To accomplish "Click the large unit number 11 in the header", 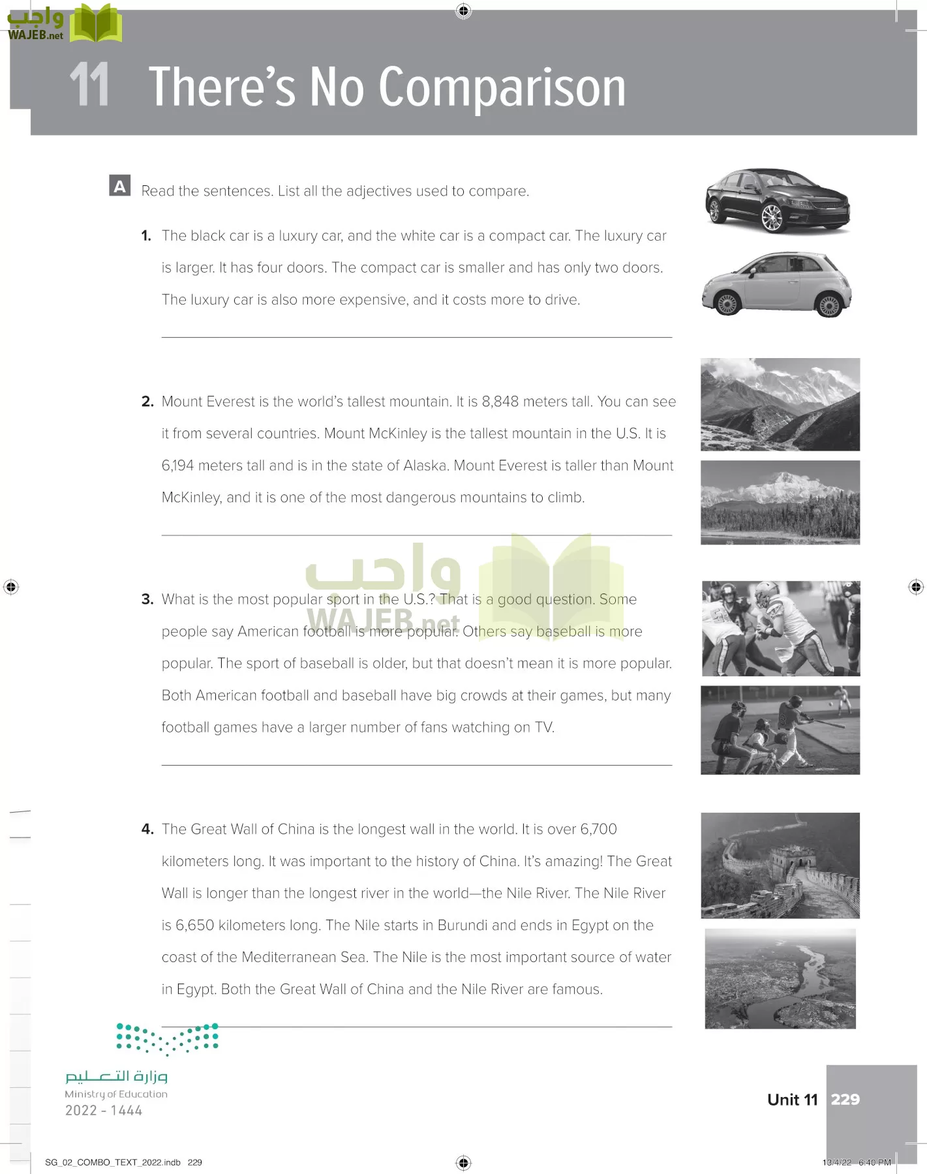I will pyautogui.click(x=89, y=85).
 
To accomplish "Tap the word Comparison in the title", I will pyautogui.click(x=502, y=87).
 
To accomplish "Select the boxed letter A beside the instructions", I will pyautogui.click(x=119, y=186).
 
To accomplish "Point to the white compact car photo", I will pyautogui.click(x=777, y=284).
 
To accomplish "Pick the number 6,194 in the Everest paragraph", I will pyautogui.click(x=177, y=466).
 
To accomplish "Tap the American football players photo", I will pyautogui.click(x=780, y=628).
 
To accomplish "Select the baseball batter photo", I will pyautogui.click(x=780, y=730).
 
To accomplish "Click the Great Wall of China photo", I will pyautogui.click(x=780, y=865).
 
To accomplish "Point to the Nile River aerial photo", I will pyautogui.click(x=780, y=978).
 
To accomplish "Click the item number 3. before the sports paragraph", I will pyautogui.click(x=147, y=599).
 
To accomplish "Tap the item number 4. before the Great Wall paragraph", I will pyautogui.click(x=147, y=830).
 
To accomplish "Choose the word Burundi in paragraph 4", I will pyautogui.click(x=463, y=926).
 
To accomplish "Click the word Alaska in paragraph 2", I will pyautogui.click(x=425, y=466).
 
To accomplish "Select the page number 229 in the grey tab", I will pyautogui.click(x=845, y=1100).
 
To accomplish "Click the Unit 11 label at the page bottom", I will pyautogui.click(x=792, y=1100).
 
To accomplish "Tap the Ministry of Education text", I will pyautogui.click(x=116, y=1094).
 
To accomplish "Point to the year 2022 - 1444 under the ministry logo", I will pyautogui.click(x=104, y=1111).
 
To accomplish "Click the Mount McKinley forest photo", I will pyautogui.click(x=780, y=502).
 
